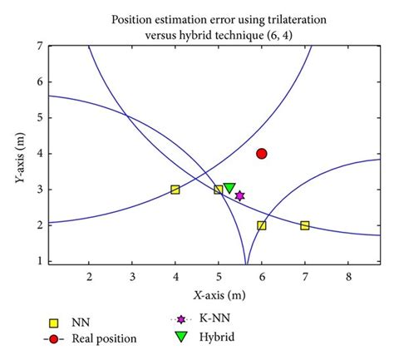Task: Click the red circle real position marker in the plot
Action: (262, 154)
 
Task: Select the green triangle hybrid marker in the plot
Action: (229, 189)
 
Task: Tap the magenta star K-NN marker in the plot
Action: (239, 196)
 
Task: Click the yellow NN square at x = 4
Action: (175, 190)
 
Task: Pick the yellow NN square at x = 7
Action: (305, 225)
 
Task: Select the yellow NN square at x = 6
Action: (262, 225)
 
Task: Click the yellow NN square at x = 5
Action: (219, 190)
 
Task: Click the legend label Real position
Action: (104, 338)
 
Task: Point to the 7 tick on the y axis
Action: (38, 47)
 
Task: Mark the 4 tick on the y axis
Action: (38, 154)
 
